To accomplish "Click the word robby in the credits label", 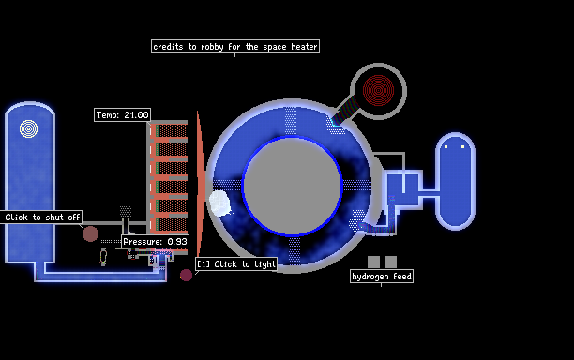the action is (x=212, y=47).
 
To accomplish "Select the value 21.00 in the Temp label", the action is (x=136, y=115).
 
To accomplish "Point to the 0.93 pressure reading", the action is (x=177, y=242).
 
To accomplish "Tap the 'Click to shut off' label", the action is (x=41, y=217).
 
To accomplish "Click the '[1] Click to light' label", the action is (x=236, y=264).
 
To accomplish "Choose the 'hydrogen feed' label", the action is (x=382, y=277).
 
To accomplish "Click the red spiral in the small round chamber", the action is (x=378, y=90).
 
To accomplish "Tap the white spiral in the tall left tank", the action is (x=28, y=128).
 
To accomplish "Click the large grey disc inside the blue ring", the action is (x=292, y=186).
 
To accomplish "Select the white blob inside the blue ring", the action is (x=219, y=203).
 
